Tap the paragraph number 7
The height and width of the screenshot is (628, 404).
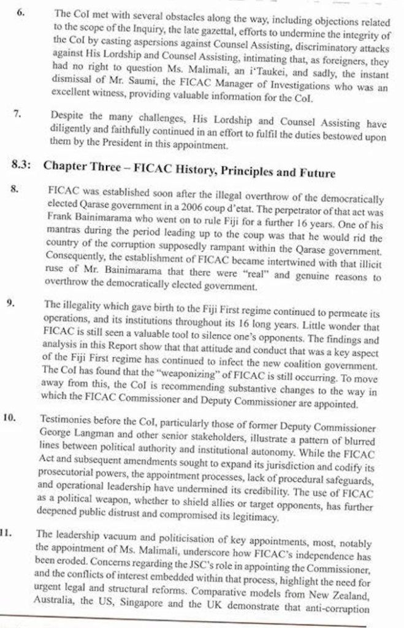[19, 114]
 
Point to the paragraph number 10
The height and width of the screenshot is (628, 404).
[9, 417]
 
